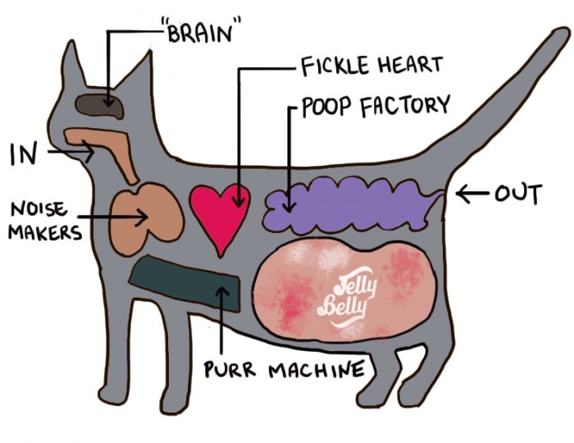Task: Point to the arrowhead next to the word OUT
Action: click(461, 194)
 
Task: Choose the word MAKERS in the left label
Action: click(45, 232)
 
